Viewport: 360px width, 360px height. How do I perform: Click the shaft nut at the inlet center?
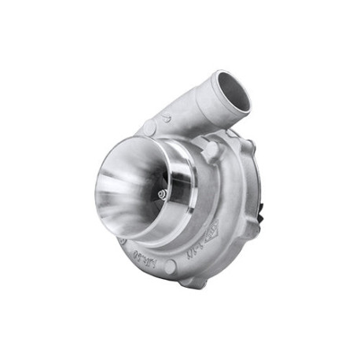pos(163,192)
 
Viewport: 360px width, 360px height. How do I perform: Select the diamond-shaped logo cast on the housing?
pos(215,236)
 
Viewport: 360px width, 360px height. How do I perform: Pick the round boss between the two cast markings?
pos(171,263)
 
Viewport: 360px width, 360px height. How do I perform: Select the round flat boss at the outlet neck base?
pos(149,127)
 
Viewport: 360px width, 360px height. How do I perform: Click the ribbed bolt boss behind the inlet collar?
pos(210,150)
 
